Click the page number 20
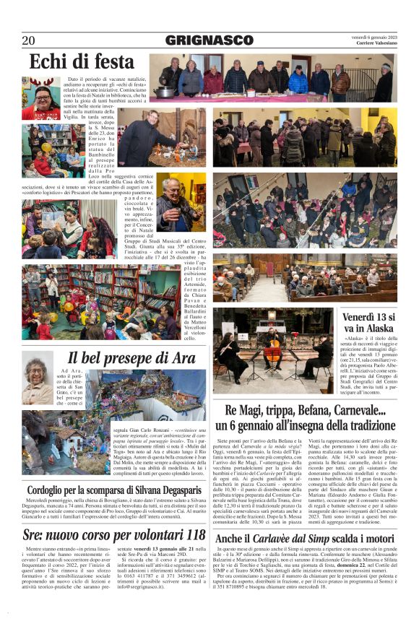pos(29,40)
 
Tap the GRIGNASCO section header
pos(209,40)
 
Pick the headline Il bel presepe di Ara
pos(131,357)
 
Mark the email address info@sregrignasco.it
pos(148,598)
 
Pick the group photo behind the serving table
pos(273,79)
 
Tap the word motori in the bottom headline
pos(374,539)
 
